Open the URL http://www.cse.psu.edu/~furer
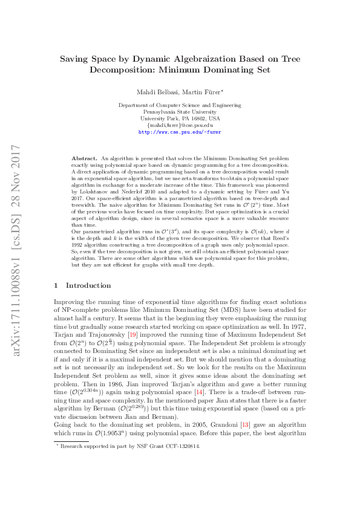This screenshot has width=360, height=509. (x=180, y=131)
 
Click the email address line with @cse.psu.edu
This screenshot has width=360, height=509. (x=180, y=125)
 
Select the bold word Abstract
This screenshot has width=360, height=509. (x=84, y=157)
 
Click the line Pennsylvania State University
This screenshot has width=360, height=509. (x=180, y=112)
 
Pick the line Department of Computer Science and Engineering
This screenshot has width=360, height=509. (x=180, y=105)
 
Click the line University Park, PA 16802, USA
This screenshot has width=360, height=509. (x=180, y=118)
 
